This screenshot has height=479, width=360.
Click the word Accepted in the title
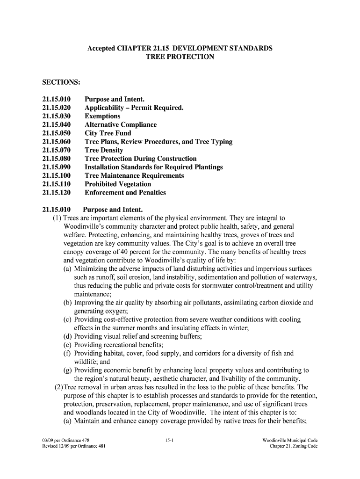pos(102,48)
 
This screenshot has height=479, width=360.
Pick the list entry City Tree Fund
pos(108,133)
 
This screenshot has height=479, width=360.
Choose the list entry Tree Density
pos(104,150)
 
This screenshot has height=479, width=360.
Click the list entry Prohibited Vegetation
pos(118,184)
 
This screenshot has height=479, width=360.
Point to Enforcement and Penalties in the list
pos(125,193)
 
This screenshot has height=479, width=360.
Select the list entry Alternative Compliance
pos(121,125)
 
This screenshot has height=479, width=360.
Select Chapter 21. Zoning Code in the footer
pos(294,446)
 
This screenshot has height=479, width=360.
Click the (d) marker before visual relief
pos(67,336)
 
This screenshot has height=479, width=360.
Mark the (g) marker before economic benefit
pos(67,370)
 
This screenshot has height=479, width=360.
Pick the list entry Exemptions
pos(102,116)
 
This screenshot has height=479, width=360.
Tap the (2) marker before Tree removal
pos(58,387)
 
